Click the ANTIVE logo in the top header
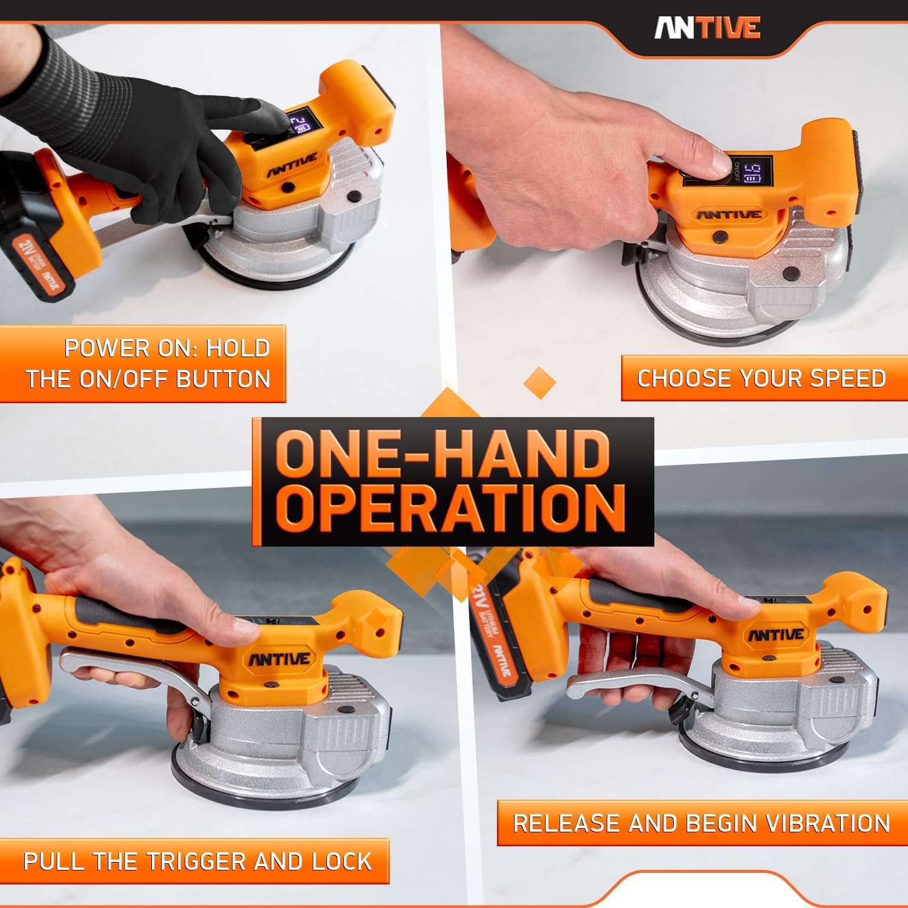coord(706,28)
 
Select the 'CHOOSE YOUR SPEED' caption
coord(761,378)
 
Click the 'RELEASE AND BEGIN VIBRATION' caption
coord(701,823)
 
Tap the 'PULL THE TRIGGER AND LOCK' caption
coord(197,861)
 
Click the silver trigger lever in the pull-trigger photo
coord(121,660)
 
